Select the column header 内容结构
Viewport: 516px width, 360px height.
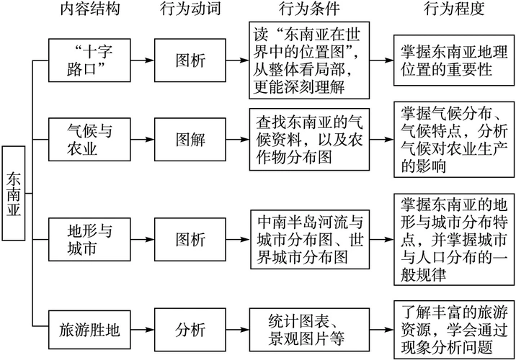click(90, 10)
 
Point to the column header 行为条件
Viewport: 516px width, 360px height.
click(308, 10)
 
